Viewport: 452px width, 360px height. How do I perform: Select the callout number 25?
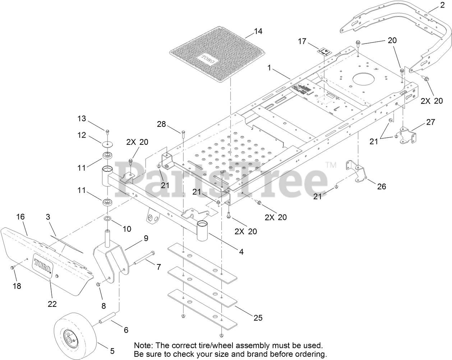[258, 318]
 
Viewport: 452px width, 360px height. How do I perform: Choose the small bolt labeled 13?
[107, 130]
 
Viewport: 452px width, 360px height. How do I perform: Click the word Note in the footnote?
[143, 345]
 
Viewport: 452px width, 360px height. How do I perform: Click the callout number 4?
[241, 252]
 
